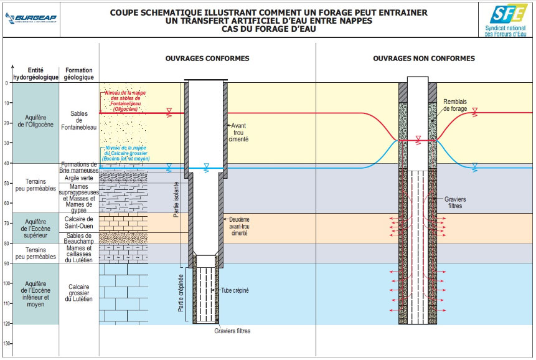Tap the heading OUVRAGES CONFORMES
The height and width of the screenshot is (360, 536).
(x=207, y=59)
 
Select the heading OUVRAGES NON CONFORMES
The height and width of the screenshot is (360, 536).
(x=423, y=59)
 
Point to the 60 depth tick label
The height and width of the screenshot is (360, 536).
(x=7, y=204)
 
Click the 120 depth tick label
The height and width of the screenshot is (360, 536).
(x=6, y=324)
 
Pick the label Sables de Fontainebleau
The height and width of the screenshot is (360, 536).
(x=78, y=118)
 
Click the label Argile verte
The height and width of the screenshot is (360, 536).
(x=79, y=178)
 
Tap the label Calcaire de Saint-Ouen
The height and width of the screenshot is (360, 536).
(x=78, y=222)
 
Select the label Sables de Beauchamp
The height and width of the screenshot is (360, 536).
(x=79, y=239)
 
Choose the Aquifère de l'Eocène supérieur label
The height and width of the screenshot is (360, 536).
(x=35, y=227)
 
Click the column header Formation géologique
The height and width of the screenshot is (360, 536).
(x=78, y=73)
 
